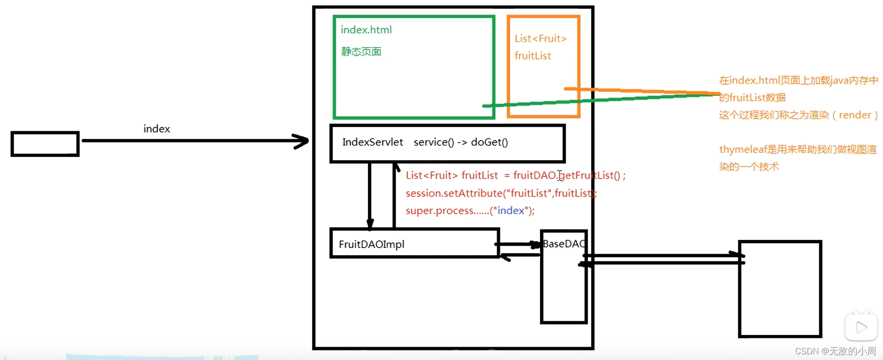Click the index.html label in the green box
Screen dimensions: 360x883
coord(366,30)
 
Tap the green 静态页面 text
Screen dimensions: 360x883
coord(361,51)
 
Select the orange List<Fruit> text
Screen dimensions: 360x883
coord(540,39)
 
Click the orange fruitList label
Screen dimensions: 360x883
coord(532,56)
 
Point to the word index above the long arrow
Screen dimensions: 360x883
coord(156,129)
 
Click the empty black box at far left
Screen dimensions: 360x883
coord(45,144)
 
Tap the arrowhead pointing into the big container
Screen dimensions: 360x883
coord(301,141)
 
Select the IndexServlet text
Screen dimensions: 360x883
coord(372,142)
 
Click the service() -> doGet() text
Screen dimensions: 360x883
coord(461,142)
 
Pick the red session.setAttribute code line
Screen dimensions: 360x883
coord(501,193)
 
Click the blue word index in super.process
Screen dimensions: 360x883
coord(511,211)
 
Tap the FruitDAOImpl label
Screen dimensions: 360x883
coord(371,244)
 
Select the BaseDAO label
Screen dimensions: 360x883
coord(564,244)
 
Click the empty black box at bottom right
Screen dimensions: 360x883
coord(780,289)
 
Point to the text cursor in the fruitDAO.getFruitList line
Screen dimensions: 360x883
coord(560,176)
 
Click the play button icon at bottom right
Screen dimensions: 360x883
coord(861,327)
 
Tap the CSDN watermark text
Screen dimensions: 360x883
coord(835,351)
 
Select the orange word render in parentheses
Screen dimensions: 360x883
coord(855,115)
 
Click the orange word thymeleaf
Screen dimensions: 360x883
coord(742,150)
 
